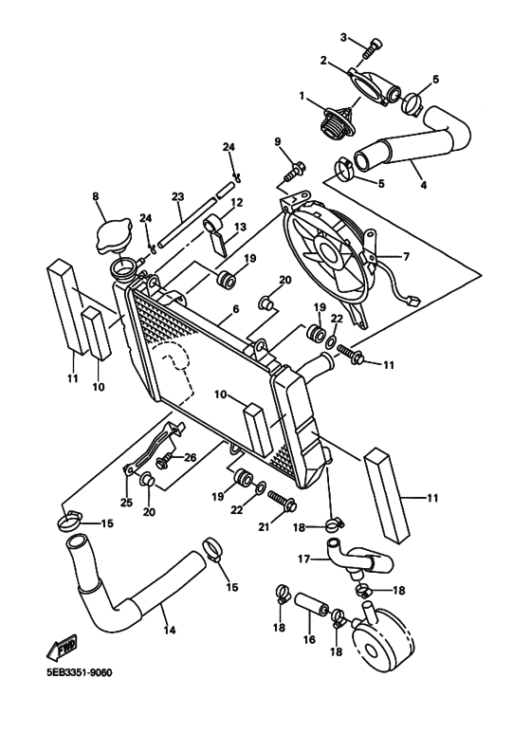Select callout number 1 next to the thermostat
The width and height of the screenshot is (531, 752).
tap(302, 96)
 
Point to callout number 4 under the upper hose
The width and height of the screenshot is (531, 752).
tap(423, 185)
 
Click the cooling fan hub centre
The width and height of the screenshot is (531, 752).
tap(331, 253)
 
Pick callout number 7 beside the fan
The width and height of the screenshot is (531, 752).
tap(407, 257)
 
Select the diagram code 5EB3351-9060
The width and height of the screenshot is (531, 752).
tap(79, 673)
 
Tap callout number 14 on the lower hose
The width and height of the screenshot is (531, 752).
tap(170, 630)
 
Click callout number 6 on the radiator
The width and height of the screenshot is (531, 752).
tap(234, 309)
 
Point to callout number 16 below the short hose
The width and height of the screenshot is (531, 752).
tap(309, 640)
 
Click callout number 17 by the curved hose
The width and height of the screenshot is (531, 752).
tap(303, 559)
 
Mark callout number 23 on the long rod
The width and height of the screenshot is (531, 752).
tap(176, 196)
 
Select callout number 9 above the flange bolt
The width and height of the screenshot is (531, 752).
tap(278, 142)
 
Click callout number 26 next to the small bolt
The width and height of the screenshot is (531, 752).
tap(189, 457)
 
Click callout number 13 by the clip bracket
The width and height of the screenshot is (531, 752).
tap(239, 228)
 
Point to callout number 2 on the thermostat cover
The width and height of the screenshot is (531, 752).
tap(324, 61)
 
